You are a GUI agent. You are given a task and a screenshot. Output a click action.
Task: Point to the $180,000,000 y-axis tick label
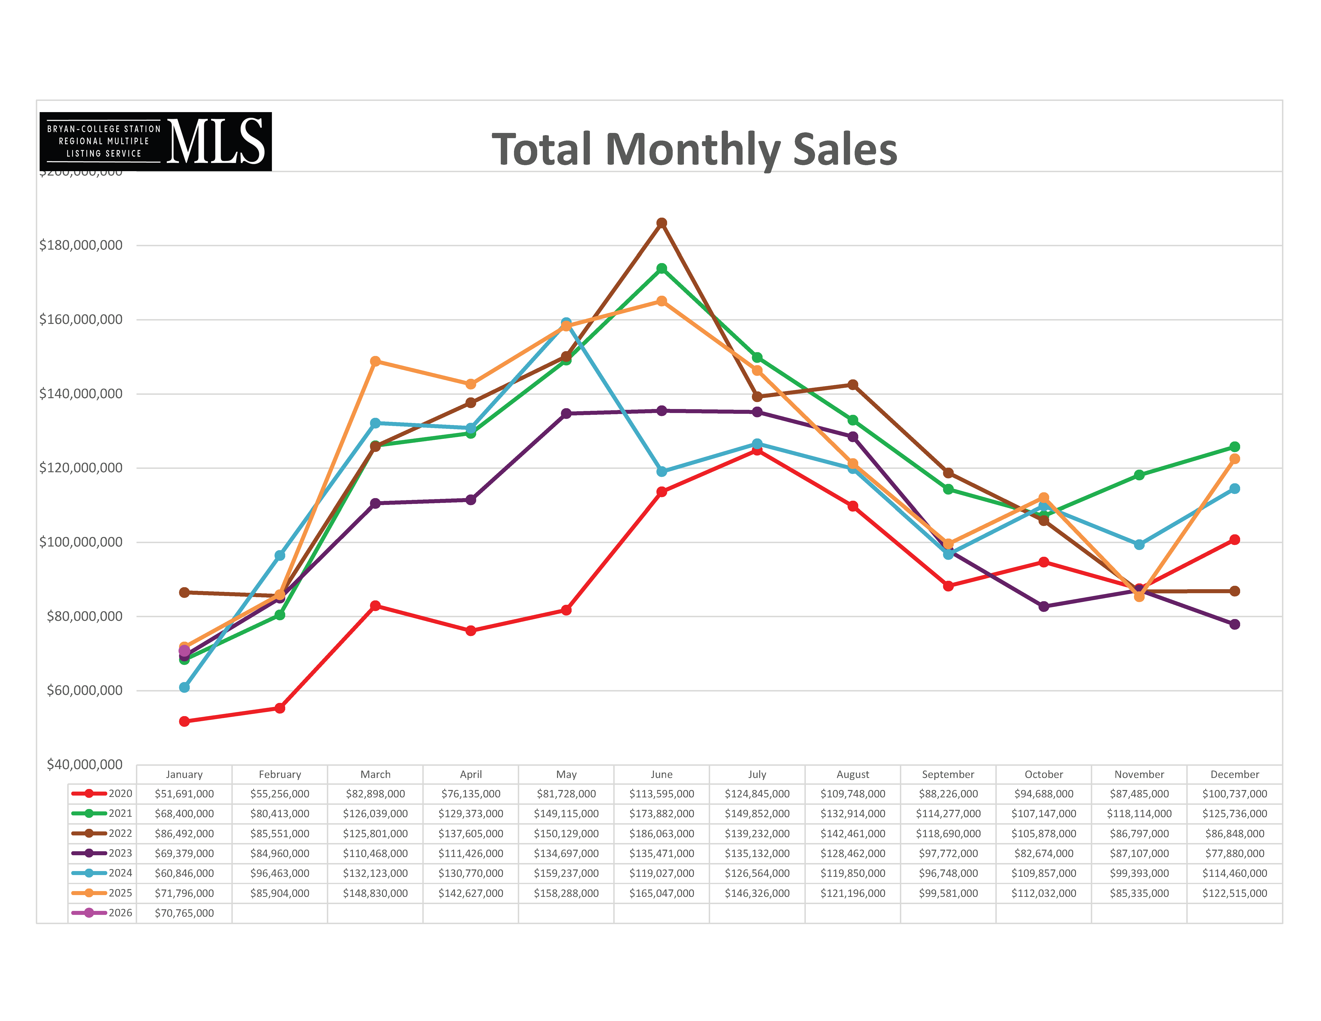coord(81,245)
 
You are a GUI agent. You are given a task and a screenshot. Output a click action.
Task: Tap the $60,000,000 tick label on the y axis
coord(85,690)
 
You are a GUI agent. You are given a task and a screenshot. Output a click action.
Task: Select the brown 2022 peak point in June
coord(662,223)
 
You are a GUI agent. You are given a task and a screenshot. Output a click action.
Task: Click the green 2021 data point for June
coord(662,268)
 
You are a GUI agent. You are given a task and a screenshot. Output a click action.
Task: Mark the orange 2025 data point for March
coord(375,361)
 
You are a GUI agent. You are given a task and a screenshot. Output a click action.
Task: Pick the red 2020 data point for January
coord(185,721)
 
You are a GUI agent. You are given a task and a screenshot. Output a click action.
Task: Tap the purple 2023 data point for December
coord(1235,624)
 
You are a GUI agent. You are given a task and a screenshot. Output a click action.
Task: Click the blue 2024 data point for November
coord(1139,544)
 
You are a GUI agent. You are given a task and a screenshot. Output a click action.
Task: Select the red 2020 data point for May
coord(566,610)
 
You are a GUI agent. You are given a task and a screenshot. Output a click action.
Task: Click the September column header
coord(948,774)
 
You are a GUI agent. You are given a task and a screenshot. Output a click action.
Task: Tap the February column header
coord(279,774)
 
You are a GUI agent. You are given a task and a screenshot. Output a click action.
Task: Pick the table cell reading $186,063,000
coord(662,833)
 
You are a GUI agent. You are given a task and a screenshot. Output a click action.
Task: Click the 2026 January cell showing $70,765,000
coord(185,913)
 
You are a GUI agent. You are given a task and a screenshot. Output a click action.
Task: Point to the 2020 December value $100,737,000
coord(1235,794)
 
